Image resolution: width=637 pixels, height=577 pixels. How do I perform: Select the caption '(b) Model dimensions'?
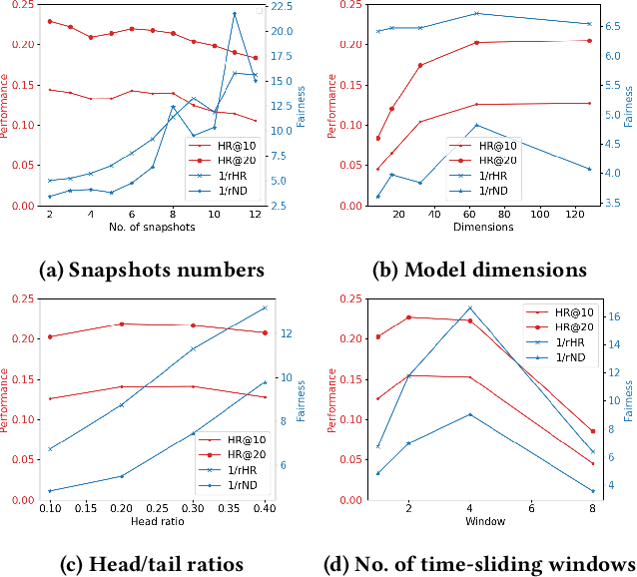(x=480, y=270)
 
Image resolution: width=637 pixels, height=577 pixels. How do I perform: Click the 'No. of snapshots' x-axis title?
(x=152, y=228)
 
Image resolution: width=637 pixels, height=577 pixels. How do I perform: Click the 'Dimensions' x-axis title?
(x=484, y=228)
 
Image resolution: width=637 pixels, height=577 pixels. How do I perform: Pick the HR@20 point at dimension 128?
(x=590, y=40)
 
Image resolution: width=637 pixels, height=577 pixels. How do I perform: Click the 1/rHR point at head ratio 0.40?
(x=265, y=307)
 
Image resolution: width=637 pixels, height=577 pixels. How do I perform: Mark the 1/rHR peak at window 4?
(x=469, y=307)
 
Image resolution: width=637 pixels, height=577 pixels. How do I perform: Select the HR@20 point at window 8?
(x=592, y=431)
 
